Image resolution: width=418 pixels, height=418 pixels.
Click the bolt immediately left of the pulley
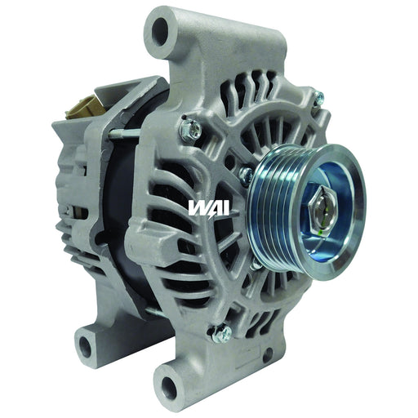click(x=246, y=174)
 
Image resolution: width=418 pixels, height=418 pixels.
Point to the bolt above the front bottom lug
click(x=220, y=332)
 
